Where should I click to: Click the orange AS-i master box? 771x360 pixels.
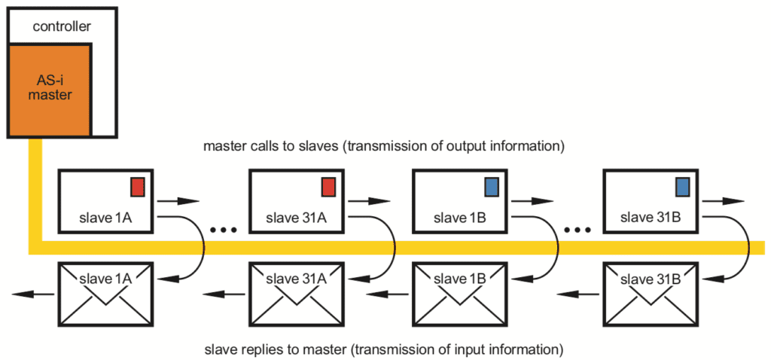coord(50,90)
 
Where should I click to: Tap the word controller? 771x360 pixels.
coord(62,26)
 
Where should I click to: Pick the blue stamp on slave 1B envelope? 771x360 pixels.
coord(492,187)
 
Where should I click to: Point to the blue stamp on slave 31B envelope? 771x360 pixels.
coord(683,187)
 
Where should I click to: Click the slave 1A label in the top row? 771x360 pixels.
coord(105,219)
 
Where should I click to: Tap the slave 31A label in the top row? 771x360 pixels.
coord(296,219)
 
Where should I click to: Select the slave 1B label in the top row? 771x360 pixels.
coord(459,219)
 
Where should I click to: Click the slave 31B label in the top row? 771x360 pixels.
coord(650,219)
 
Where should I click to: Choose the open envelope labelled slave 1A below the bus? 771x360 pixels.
coord(105,291)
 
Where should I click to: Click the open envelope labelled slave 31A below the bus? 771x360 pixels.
coord(296,291)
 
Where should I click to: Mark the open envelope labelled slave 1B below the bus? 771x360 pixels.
coord(459,291)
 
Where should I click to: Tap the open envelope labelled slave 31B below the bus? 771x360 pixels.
coord(651,291)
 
